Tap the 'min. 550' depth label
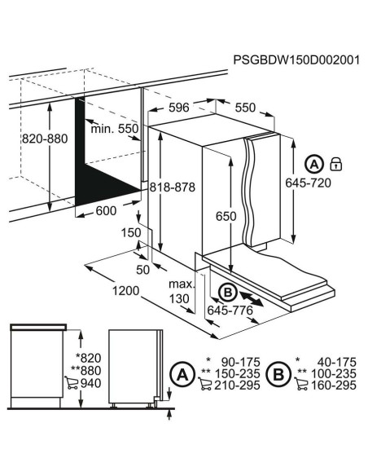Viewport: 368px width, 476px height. tap(115, 129)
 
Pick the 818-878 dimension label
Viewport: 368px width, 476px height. tap(173, 187)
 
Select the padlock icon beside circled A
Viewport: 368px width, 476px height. tap(336, 163)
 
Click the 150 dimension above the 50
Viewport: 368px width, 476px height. tap(128, 233)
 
